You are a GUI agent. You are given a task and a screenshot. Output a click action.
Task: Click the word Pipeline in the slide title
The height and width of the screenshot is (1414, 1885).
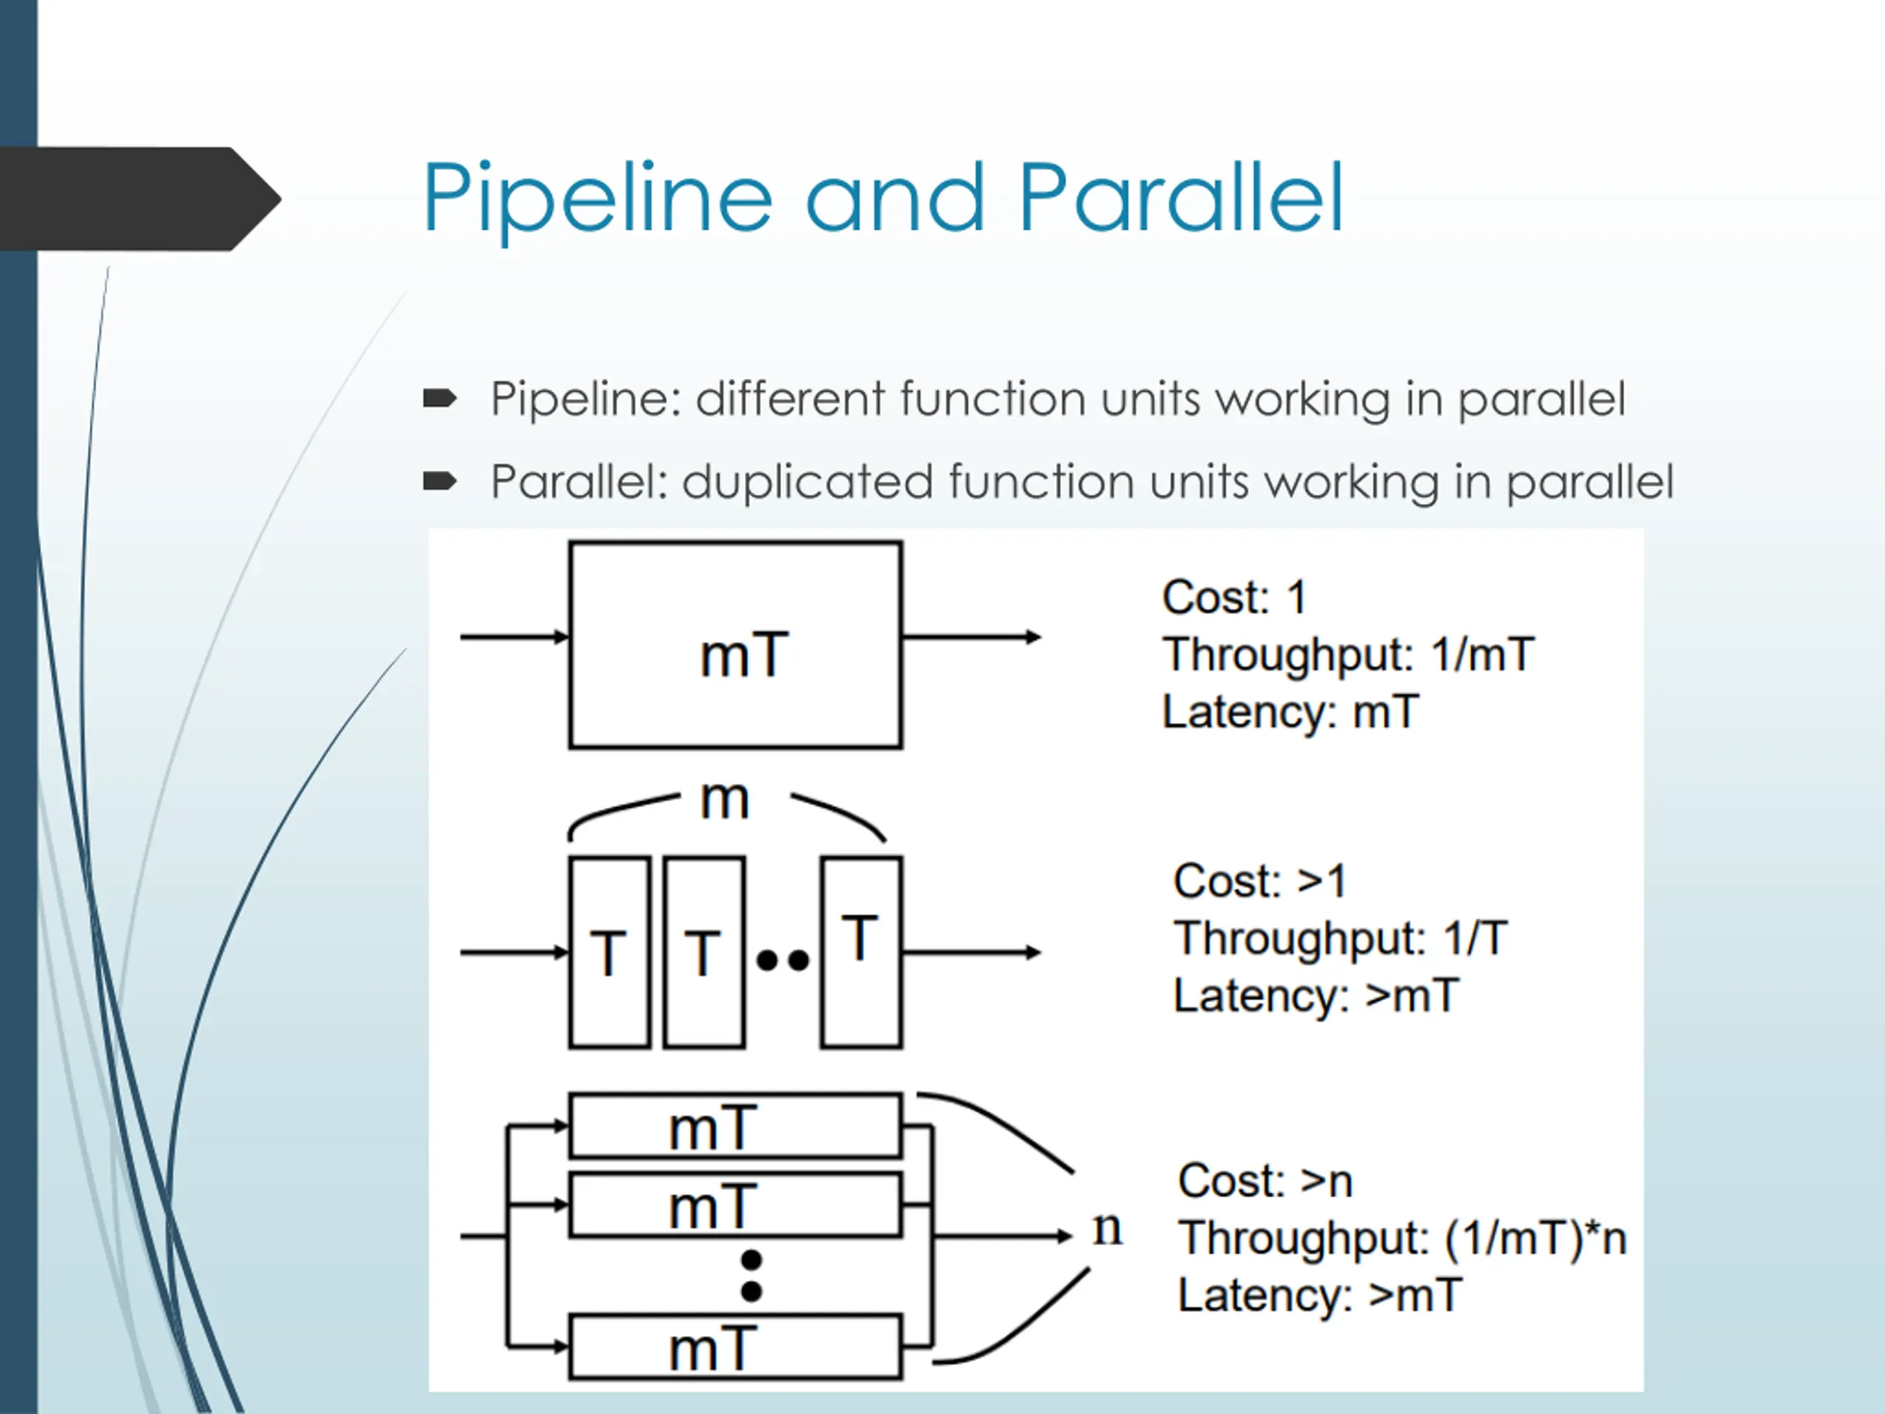(x=597, y=201)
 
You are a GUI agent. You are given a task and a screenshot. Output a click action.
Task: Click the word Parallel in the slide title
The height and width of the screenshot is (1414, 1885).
(x=1180, y=197)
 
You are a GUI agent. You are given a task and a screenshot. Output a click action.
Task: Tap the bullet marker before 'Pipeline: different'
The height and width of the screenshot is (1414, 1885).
(x=440, y=398)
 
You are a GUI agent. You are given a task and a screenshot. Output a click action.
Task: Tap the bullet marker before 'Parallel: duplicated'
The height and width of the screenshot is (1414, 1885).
(x=440, y=482)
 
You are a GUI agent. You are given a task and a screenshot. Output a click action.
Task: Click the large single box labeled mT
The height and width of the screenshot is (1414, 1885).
(x=736, y=645)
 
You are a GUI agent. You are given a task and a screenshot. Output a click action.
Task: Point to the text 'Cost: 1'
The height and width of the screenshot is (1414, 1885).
(x=1234, y=597)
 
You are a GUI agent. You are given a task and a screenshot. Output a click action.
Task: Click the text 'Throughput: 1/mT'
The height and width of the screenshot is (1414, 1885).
(x=1348, y=655)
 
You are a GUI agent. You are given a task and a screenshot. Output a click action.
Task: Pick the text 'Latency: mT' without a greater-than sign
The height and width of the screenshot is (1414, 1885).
(x=1290, y=711)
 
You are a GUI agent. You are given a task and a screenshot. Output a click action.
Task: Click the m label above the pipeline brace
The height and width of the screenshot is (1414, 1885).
(x=725, y=801)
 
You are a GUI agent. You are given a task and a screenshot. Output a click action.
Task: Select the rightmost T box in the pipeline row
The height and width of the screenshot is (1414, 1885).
(x=862, y=952)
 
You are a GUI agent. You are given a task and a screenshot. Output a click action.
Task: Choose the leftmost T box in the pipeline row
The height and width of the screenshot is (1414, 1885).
(x=609, y=952)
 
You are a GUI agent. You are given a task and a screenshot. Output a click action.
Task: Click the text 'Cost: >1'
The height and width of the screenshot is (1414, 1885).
(x=1260, y=881)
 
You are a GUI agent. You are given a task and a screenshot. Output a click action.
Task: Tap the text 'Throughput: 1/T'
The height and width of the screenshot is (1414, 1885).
(x=1340, y=938)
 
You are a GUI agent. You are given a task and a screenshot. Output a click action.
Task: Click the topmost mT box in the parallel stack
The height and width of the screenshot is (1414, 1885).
(x=736, y=1126)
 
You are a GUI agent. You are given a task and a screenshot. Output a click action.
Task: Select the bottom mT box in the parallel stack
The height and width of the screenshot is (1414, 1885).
(x=736, y=1348)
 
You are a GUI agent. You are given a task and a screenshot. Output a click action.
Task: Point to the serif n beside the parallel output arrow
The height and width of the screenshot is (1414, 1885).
(x=1107, y=1229)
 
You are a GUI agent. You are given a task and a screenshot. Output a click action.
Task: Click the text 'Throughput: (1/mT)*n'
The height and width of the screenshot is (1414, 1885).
(x=1402, y=1239)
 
